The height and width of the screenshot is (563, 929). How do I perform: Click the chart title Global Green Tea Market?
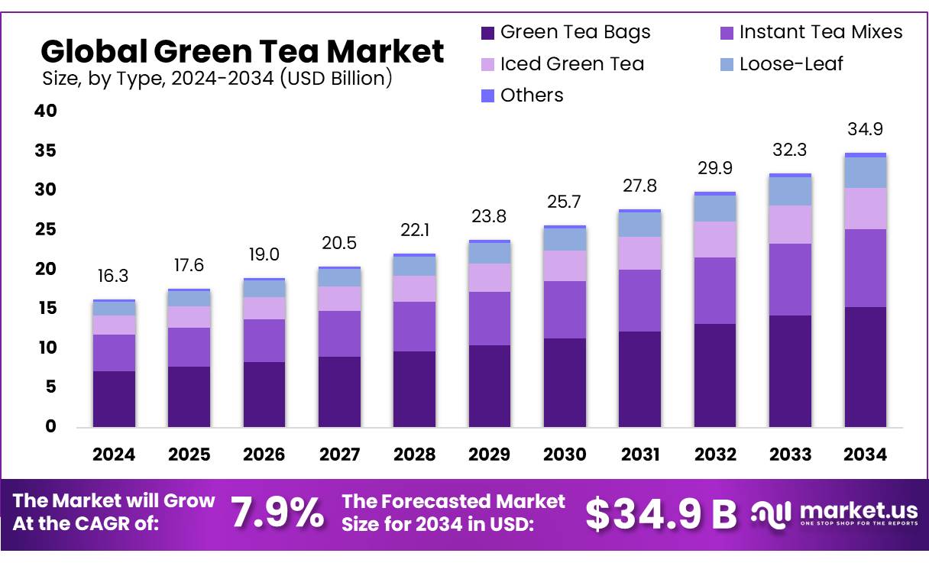(241, 52)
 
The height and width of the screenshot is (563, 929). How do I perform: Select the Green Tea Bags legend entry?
(575, 32)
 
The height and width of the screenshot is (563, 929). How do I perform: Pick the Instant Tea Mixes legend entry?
(821, 32)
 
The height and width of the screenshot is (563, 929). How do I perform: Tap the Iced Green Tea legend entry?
(571, 64)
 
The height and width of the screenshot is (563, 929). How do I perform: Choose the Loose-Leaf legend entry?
(791, 64)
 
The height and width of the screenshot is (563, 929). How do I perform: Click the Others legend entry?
(532, 95)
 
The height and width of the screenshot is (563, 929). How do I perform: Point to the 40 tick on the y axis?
(46, 111)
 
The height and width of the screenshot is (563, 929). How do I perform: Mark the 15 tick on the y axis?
(46, 308)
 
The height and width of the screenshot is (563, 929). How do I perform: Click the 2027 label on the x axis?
(339, 455)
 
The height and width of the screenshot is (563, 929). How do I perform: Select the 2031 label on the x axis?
(639, 455)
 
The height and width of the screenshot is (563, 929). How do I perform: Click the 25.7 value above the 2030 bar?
(565, 202)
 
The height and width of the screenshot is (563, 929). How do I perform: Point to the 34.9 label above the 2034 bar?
(865, 129)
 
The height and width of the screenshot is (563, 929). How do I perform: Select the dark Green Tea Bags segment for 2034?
(865, 367)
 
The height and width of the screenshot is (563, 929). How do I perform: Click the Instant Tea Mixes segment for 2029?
(490, 318)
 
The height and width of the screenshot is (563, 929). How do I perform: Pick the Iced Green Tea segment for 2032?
(715, 239)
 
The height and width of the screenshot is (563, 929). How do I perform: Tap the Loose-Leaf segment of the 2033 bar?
(790, 191)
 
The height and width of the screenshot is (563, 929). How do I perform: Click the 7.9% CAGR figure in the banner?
(277, 513)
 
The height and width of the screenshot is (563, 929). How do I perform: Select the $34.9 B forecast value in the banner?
(661, 514)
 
